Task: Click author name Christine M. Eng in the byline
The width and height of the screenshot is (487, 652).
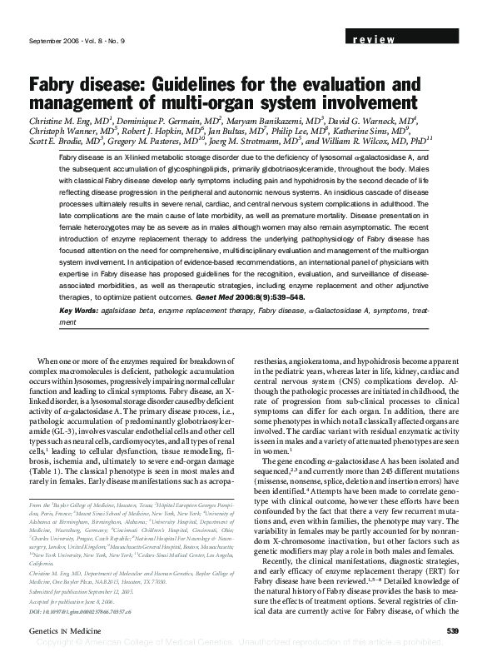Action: point(67,121)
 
